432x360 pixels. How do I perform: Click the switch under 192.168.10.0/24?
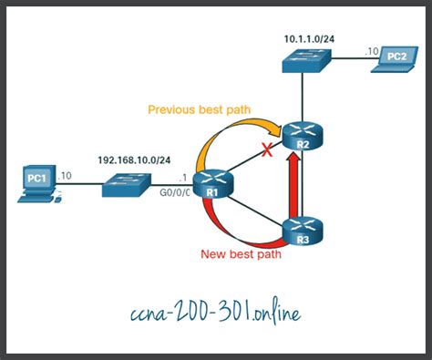click(125, 186)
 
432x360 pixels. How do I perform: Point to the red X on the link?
click(267, 151)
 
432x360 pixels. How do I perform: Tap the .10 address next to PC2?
click(372, 51)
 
